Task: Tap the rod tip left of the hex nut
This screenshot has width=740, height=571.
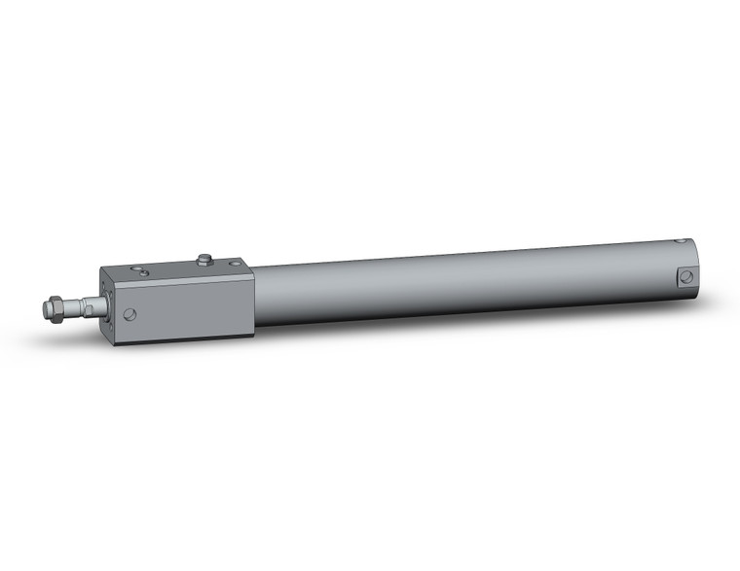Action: [46, 309]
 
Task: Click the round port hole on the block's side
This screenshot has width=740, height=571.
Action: [129, 314]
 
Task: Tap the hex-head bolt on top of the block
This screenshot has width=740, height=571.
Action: [204, 260]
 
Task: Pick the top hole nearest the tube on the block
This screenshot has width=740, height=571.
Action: [235, 264]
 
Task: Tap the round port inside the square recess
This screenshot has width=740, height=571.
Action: [686, 276]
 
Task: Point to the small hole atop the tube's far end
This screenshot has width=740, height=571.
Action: [681, 240]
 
